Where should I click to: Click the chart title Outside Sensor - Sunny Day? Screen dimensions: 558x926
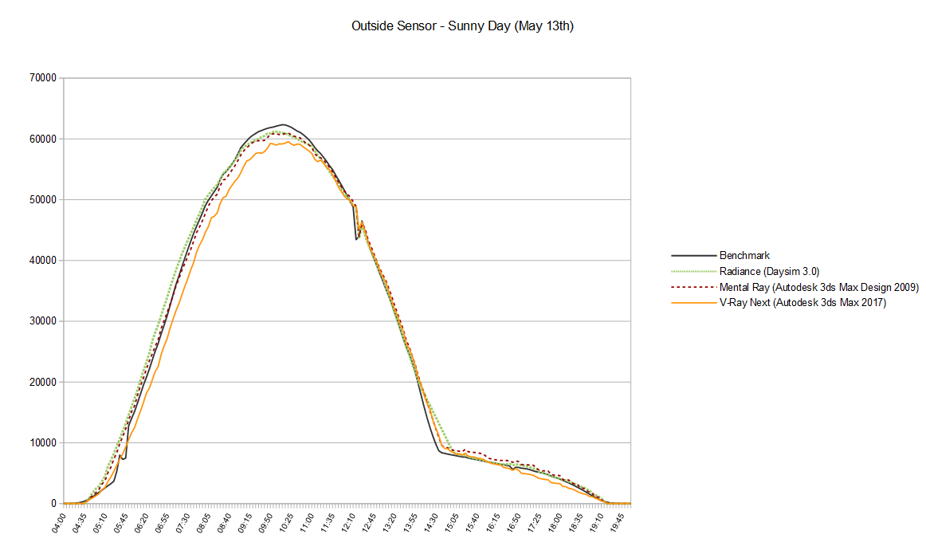(x=462, y=26)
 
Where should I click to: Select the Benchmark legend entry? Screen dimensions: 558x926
(x=744, y=256)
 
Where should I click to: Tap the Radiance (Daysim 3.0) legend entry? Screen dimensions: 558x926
(x=769, y=271)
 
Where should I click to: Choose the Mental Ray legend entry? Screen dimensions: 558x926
(x=819, y=286)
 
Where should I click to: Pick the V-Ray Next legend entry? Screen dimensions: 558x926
(x=802, y=301)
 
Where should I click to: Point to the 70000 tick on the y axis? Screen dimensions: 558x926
(x=41, y=78)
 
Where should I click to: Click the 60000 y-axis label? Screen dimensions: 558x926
(x=41, y=139)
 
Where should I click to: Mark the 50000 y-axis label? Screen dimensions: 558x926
(x=41, y=199)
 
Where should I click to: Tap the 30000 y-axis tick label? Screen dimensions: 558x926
(x=41, y=321)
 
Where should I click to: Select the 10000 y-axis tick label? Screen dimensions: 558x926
(x=41, y=443)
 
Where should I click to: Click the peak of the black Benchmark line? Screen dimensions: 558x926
(x=283, y=124)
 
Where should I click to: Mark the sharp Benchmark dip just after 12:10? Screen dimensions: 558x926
(x=356, y=239)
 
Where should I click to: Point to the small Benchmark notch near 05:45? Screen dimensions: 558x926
(x=124, y=459)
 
